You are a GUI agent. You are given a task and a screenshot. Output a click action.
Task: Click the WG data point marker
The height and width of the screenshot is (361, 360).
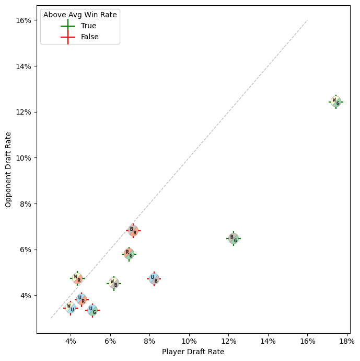click(336, 101)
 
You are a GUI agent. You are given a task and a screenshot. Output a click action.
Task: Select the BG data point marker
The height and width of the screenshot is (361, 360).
click(234, 239)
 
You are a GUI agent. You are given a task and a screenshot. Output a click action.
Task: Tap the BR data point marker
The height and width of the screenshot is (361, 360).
click(133, 231)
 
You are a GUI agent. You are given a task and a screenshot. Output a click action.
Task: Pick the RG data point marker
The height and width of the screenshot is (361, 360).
click(129, 254)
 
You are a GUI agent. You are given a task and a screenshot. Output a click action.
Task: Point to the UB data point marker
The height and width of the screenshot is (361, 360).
click(154, 279)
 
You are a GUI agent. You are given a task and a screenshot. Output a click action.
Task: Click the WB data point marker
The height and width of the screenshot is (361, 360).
click(114, 283)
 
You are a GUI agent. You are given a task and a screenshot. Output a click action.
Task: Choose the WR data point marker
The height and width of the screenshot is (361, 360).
click(77, 278)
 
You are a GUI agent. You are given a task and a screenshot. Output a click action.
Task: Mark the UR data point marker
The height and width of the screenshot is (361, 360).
click(82, 299)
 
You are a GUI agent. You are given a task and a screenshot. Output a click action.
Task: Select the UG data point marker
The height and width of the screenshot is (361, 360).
click(92, 310)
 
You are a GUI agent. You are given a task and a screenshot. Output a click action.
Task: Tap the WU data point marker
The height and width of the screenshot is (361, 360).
click(71, 308)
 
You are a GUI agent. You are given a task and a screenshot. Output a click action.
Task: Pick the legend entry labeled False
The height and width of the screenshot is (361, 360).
click(90, 37)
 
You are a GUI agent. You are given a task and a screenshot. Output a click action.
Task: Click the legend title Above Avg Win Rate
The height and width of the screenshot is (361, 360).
click(80, 15)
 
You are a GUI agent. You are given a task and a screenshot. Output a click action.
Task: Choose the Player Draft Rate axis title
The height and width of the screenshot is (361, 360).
click(193, 352)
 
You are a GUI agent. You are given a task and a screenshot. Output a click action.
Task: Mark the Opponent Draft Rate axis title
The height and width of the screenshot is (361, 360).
click(8, 170)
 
